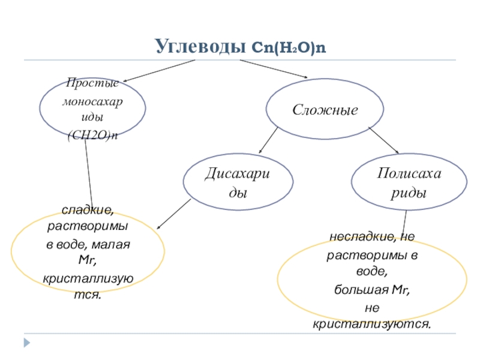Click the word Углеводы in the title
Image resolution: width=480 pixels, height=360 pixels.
[199, 46]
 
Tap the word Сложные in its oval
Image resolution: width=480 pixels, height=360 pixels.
[325, 110]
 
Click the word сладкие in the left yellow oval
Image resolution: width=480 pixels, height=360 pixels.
[88, 211]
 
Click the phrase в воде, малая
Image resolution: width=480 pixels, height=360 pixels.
[88, 245]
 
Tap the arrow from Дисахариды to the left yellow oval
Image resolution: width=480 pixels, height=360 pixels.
[174, 214]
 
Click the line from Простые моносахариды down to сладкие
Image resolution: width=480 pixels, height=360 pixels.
[89, 174]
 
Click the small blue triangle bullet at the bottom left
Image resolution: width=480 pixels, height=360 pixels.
[26, 343]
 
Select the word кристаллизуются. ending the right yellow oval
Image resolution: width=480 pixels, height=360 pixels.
[372, 324]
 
